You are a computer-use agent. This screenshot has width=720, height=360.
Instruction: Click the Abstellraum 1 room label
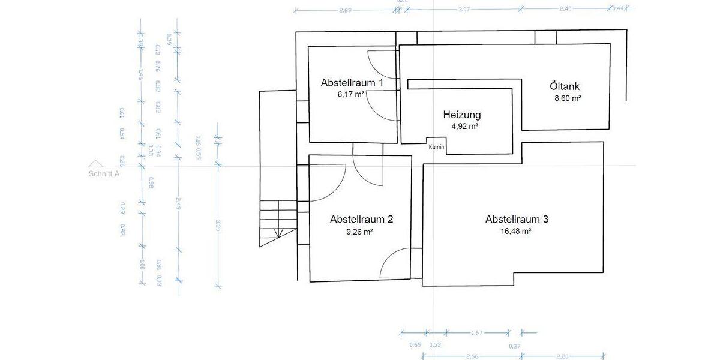(x=352, y=82)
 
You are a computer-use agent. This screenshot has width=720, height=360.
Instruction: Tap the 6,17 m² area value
(x=352, y=94)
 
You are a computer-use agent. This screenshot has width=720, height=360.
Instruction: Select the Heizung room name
(x=462, y=115)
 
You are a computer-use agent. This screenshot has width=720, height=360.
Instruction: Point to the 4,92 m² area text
(x=464, y=127)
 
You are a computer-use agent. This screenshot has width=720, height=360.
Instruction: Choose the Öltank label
(x=564, y=86)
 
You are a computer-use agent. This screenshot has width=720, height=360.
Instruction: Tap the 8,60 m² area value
(x=568, y=98)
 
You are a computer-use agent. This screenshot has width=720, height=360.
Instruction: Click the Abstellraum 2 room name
(x=362, y=219)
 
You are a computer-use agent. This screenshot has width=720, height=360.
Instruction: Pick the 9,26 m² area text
(x=360, y=231)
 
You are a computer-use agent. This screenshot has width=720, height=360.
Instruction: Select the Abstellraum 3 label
(x=517, y=219)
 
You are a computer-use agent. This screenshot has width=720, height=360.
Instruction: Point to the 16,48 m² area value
(x=517, y=231)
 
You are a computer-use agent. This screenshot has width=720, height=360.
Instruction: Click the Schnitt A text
(x=104, y=174)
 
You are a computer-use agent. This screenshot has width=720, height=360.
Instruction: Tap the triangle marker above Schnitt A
(x=95, y=163)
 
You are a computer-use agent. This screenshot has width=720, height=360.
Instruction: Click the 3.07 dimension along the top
(x=464, y=9)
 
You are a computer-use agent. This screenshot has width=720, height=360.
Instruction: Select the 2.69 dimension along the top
(x=345, y=10)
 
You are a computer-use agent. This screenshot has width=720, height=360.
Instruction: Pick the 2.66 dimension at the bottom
(x=472, y=356)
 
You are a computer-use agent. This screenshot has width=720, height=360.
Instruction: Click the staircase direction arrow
(x=277, y=233)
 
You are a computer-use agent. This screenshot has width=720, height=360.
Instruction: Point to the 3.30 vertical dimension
(x=218, y=226)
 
